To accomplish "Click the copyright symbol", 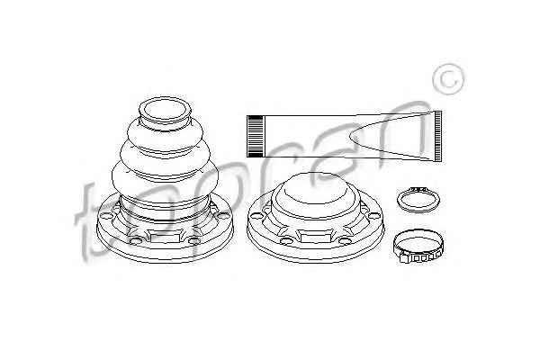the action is click(x=448, y=79).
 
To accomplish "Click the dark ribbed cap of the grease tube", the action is click(x=256, y=136).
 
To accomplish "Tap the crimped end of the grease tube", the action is click(x=437, y=136).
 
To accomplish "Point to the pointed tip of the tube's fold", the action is click(x=351, y=137).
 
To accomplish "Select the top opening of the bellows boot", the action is click(x=165, y=109).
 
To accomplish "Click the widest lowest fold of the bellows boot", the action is click(x=165, y=179).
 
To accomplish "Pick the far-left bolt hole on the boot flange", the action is click(x=106, y=215).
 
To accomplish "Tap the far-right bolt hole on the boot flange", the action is click(x=223, y=216).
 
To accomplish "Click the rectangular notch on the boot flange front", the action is click(x=165, y=237).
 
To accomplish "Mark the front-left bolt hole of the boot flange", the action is click(x=135, y=240).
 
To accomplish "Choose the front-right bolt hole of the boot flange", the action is click(x=194, y=240).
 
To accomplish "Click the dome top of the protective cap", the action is click(x=315, y=190).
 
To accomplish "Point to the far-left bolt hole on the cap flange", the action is click(x=256, y=215).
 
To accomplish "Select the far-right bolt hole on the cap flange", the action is click(x=374, y=216).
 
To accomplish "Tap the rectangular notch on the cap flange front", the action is click(x=316, y=237).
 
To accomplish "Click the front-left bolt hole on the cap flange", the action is click(x=286, y=240).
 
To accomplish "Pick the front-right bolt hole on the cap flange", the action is click(x=346, y=240).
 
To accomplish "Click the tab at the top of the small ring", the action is click(x=418, y=189).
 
